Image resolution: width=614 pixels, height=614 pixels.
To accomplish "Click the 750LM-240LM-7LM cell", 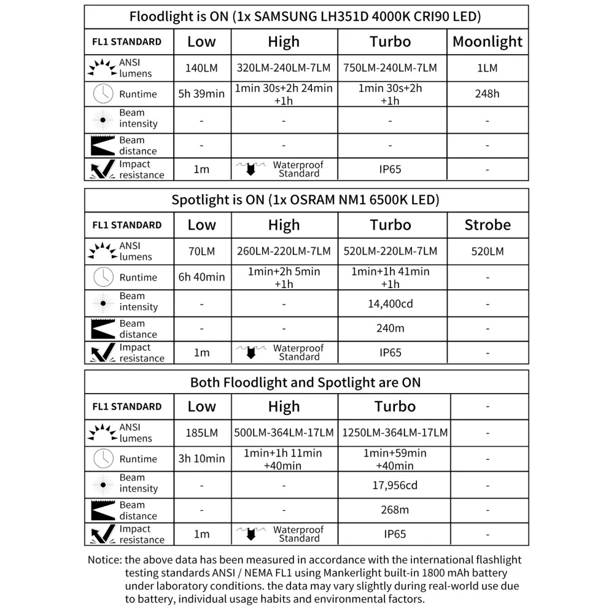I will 391,68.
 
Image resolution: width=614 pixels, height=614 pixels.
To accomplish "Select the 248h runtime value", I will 488,94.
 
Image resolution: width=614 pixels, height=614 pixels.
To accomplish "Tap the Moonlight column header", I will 488,42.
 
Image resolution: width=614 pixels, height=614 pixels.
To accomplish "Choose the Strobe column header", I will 488,225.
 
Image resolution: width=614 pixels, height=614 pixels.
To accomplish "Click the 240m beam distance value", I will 391,328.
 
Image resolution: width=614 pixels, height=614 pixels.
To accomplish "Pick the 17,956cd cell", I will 395,485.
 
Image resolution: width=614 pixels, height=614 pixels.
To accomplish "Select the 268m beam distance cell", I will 395,510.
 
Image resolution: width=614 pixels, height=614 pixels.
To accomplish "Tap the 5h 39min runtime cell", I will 201,94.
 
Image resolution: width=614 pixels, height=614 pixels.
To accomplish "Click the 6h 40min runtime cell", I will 201,277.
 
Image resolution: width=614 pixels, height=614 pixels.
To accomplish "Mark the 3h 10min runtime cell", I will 201,459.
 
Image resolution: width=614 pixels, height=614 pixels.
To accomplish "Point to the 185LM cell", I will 201,433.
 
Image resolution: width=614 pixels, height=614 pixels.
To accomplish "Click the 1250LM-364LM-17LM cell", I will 395,433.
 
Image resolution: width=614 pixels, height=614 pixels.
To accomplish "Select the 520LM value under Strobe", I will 488,251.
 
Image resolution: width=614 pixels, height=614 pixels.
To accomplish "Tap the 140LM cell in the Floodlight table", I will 201,68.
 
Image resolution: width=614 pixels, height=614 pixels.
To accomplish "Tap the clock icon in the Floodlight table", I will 103,94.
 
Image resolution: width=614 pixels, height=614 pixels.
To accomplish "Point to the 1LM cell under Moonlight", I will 488,68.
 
